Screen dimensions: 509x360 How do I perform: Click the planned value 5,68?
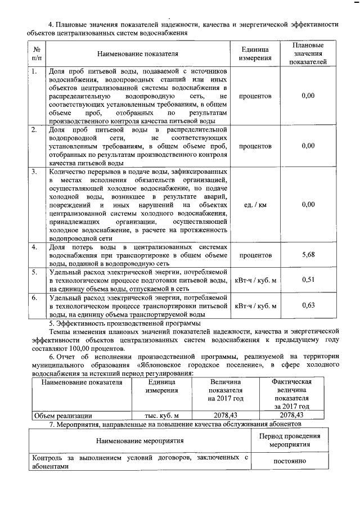click(308, 255)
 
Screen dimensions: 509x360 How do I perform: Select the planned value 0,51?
click(308, 279)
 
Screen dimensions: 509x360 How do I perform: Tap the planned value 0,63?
click(308, 305)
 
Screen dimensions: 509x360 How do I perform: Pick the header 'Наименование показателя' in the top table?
click(137, 54)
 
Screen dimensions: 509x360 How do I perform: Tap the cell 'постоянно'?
click(290, 461)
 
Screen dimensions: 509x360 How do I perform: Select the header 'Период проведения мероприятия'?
click(290, 439)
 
